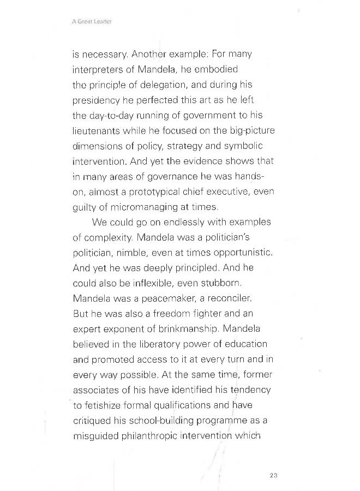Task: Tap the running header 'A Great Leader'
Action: click(x=95, y=22)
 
